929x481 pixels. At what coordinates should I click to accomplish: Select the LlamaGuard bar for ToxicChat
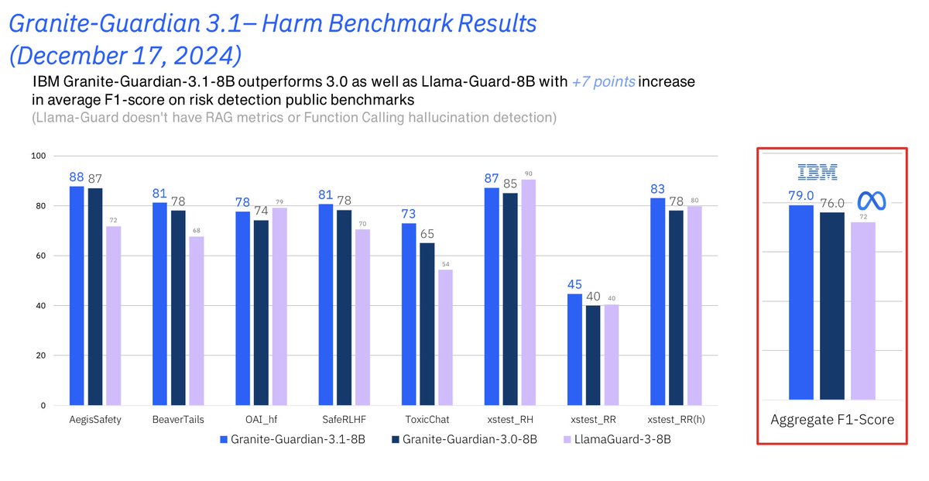(445, 338)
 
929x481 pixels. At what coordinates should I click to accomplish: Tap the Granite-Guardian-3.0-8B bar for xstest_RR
(593, 356)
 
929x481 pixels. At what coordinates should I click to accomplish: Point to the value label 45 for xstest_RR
(574, 284)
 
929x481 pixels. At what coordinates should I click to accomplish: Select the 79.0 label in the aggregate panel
(800, 196)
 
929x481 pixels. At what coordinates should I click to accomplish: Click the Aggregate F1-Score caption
(832, 420)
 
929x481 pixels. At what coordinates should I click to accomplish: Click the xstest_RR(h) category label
(675, 420)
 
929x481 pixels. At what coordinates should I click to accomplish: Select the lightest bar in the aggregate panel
(863, 310)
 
